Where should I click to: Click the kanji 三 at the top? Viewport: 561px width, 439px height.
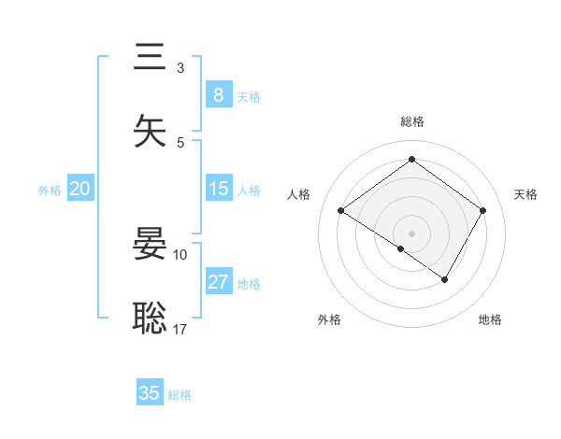[151, 57]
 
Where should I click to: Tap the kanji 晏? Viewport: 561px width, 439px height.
[151, 245]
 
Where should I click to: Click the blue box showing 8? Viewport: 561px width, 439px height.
[218, 94]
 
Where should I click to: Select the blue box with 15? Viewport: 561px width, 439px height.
[218, 189]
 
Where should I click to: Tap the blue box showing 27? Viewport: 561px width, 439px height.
[218, 282]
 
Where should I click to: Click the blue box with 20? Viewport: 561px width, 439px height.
[79, 189]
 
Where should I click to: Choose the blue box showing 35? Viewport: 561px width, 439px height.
[150, 393]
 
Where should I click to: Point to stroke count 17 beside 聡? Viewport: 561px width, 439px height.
[180, 329]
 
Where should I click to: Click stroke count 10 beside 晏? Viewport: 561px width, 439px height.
[180, 254]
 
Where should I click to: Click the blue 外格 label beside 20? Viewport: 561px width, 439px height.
[50, 191]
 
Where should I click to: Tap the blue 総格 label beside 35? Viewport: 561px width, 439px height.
[180, 395]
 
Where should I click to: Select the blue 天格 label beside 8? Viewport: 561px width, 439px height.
[248, 96]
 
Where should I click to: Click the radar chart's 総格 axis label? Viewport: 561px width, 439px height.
[411, 121]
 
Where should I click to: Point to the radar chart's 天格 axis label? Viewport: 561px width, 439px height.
[525, 194]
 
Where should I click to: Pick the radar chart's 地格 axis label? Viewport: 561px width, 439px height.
[490, 319]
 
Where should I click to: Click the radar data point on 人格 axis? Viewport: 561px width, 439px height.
[341, 211]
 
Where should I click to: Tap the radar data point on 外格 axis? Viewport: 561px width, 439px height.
[400, 248]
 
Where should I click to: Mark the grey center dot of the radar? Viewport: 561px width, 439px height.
[411, 233]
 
